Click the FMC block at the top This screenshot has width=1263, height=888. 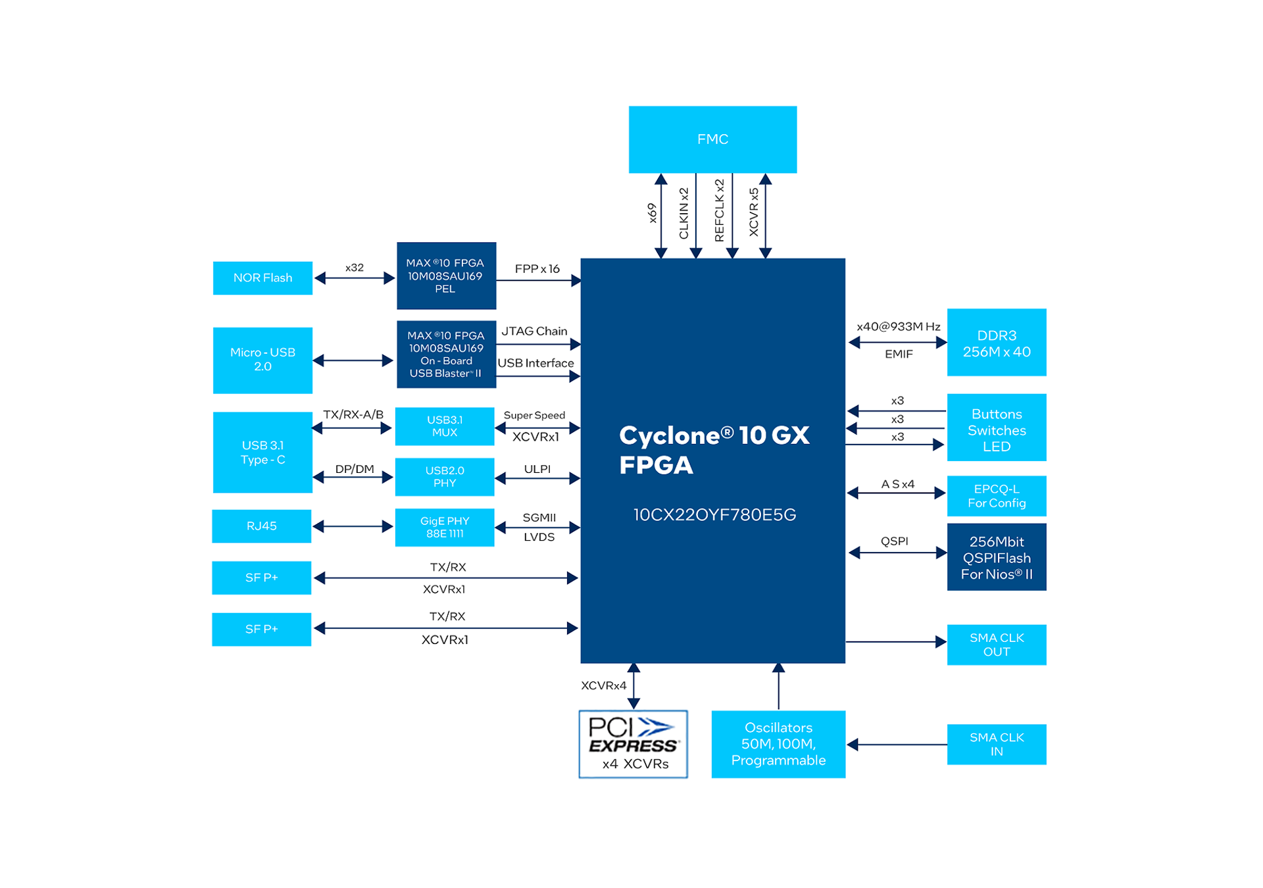(712, 139)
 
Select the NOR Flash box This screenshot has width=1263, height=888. (262, 278)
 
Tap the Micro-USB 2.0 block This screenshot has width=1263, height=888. (262, 360)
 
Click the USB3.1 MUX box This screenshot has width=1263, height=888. (445, 426)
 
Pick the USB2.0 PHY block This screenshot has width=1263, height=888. (445, 477)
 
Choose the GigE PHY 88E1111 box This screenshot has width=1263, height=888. (445, 528)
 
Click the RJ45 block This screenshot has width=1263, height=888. (261, 526)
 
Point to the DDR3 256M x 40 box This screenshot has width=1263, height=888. (996, 343)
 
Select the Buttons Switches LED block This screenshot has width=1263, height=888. (996, 430)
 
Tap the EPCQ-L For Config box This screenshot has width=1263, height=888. (996, 496)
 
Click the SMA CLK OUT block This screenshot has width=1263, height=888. (996, 645)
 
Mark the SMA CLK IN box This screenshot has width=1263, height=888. (996, 745)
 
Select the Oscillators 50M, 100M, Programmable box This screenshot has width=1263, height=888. (778, 745)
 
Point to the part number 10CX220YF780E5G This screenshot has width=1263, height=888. (714, 515)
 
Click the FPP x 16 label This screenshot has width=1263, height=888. (537, 269)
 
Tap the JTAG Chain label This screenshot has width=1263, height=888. (534, 332)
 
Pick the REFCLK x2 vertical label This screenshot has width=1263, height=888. (719, 210)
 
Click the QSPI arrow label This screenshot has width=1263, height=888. (894, 541)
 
